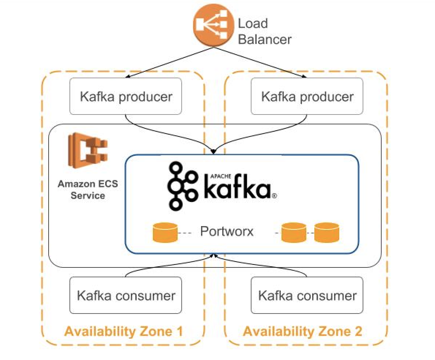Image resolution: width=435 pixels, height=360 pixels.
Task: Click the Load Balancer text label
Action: tap(264, 31)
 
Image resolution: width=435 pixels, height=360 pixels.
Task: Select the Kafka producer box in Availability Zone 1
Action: tap(126, 96)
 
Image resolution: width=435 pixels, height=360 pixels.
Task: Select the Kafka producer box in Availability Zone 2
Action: tap(307, 96)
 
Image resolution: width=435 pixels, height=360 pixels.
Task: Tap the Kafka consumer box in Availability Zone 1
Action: tap(126, 295)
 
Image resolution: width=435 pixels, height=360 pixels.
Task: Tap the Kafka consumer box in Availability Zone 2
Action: tap(307, 295)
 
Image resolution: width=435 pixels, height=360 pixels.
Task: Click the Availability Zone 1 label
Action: tap(123, 331)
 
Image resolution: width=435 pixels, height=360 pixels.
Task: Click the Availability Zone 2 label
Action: tap(302, 331)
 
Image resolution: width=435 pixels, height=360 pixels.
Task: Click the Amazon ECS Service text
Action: tap(88, 190)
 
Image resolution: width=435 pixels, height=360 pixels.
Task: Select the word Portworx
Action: tap(227, 231)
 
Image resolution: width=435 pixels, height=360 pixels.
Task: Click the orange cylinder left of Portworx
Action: tap(165, 233)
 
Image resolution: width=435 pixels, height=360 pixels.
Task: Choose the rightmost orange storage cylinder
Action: tap(326, 233)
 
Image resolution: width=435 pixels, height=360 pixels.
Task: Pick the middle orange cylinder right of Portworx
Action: tap(294, 233)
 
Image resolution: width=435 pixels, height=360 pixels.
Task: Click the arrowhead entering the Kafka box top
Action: tap(213, 151)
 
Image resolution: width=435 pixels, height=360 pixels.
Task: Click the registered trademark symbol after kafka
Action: tap(274, 196)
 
